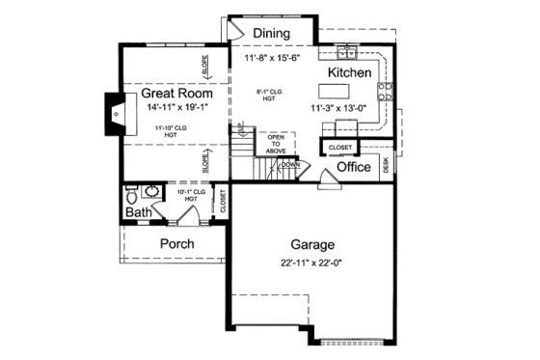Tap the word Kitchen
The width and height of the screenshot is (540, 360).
349,73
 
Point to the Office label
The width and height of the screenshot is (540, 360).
354,167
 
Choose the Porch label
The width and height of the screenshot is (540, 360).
176,244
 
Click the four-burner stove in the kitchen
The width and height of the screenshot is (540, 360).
385,92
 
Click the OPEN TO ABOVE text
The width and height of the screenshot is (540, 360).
277,143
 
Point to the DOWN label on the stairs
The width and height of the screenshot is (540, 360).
290,165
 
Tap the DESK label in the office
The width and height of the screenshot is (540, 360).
386,166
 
